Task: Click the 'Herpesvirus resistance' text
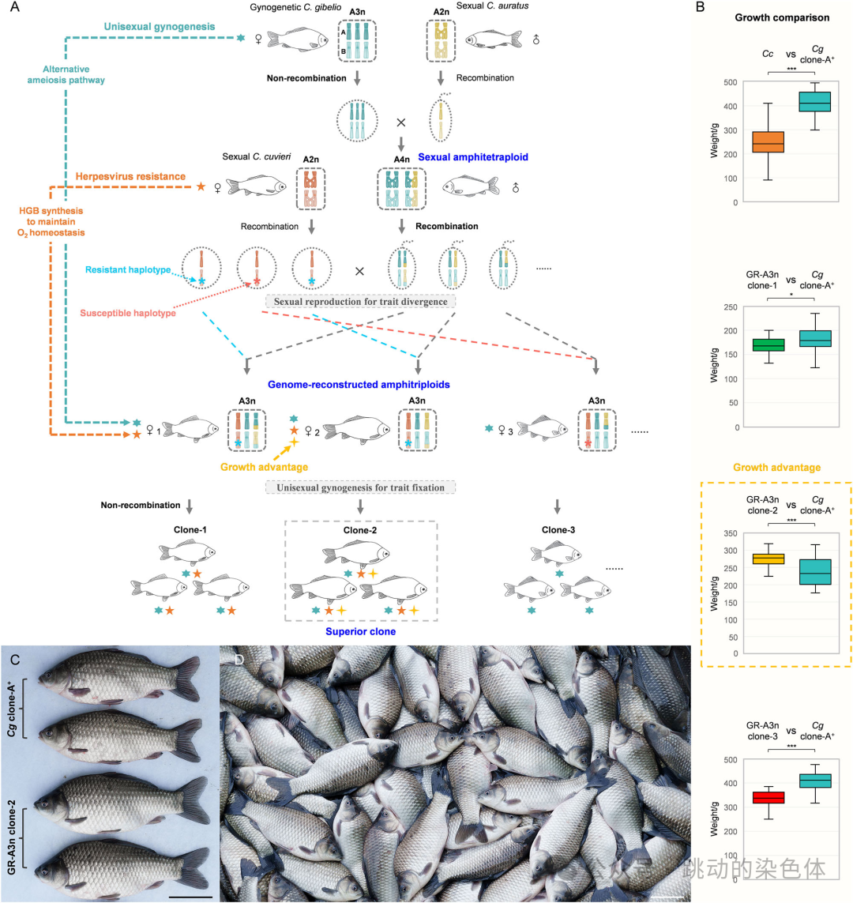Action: pyautogui.click(x=130, y=175)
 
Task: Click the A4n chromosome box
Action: pyautogui.click(x=400, y=190)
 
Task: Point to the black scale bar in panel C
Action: pyautogui.click(x=190, y=896)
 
